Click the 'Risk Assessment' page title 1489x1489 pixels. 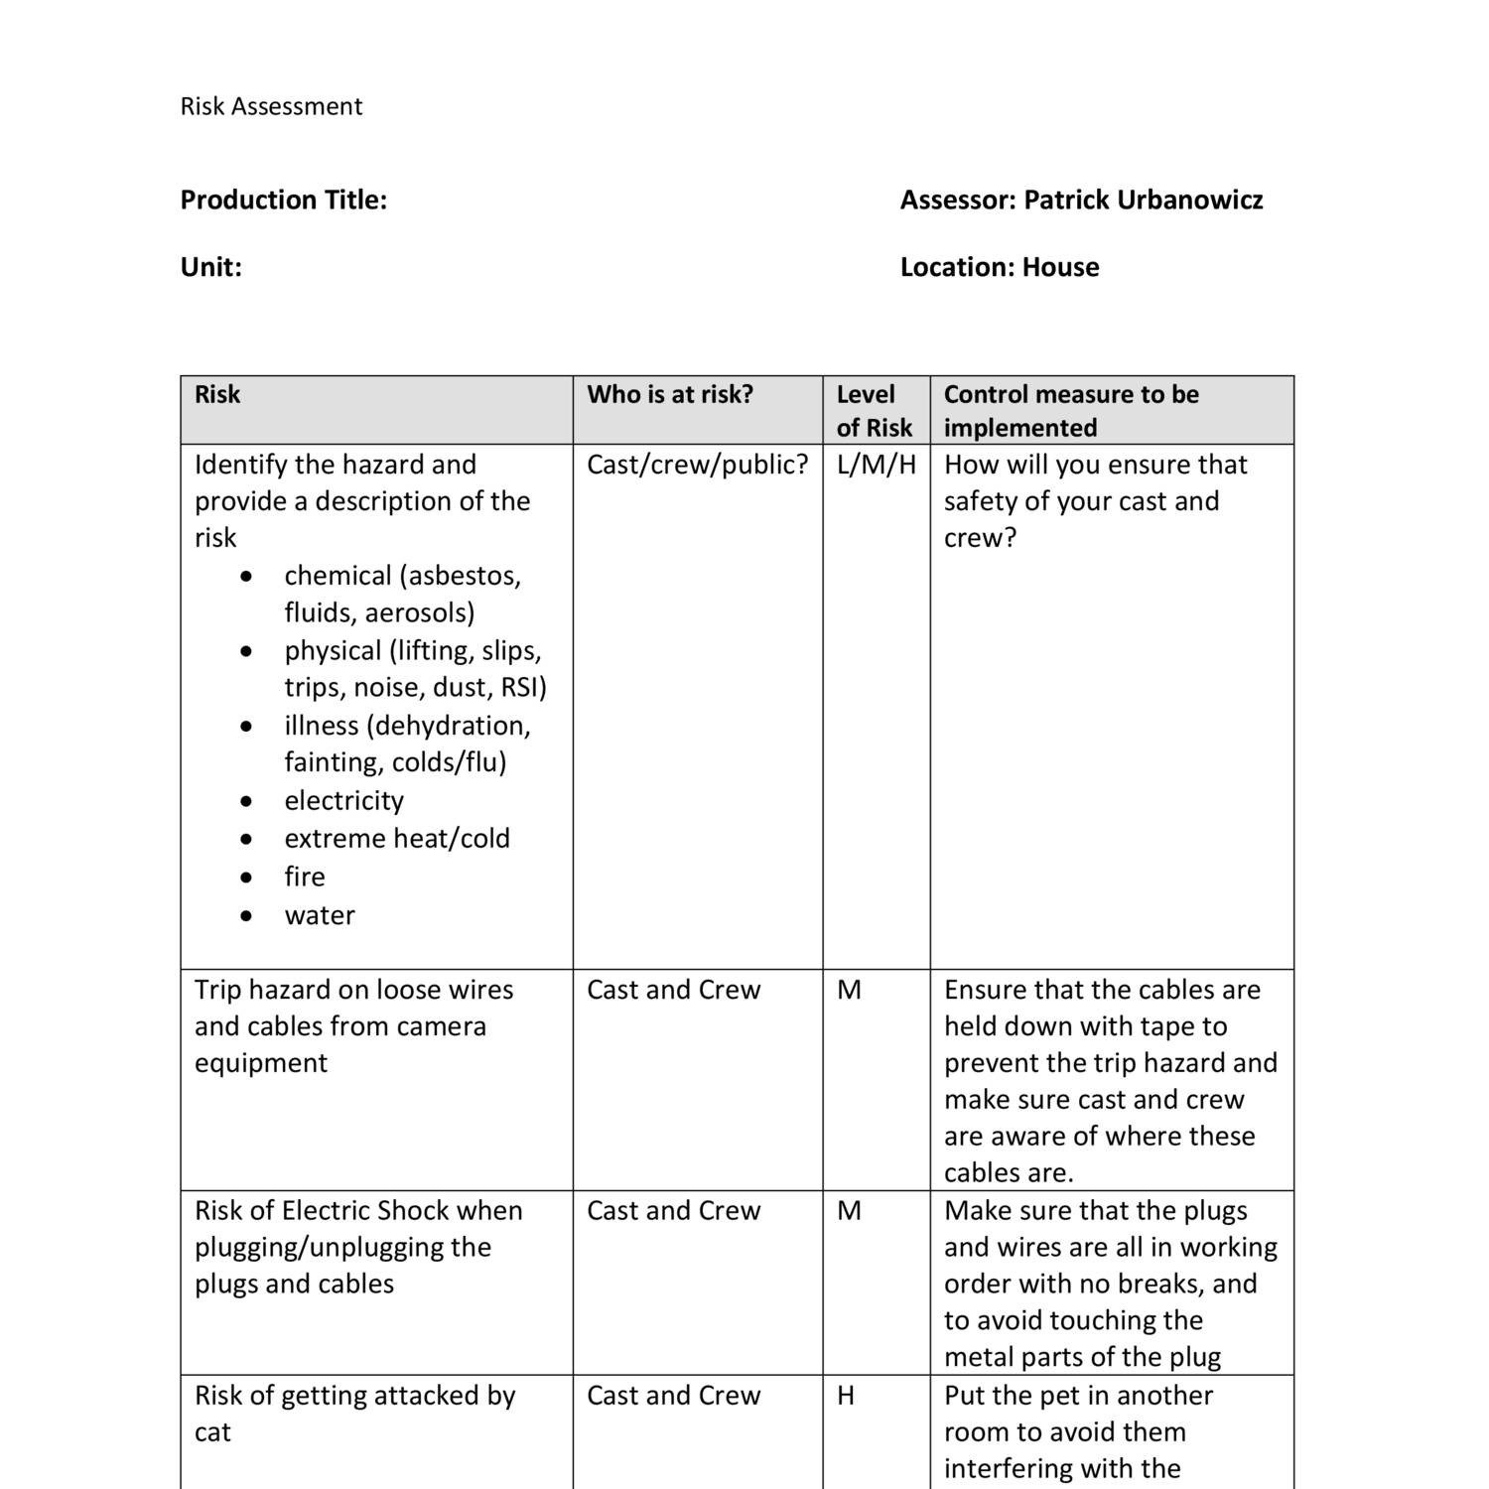click(x=271, y=106)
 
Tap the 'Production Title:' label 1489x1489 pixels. click(x=283, y=200)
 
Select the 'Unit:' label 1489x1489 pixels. click(x=210, y=267)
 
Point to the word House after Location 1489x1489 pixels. click(x=1060, y=267)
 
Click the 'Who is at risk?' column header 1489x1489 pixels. click(x=670, y=394)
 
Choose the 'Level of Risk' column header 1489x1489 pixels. click(x=874, y=411)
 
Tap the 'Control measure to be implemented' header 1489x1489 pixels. click(x=1070, y=411)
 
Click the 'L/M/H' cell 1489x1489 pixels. click(x=876, y=465)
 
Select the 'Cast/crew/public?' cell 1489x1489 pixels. click(x=697, y=465)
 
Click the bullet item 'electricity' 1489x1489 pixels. click(x=343, y=800)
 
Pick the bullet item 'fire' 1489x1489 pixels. click(x=304, y=877)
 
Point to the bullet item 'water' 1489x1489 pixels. click(x=319, y=915)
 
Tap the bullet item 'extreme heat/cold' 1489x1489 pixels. click(x=396, y=839)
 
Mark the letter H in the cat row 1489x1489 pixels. click(x=846, y=1396)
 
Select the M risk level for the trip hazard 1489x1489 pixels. click(x=849, y=990)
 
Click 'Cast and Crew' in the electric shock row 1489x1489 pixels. click(x=673, y=1211)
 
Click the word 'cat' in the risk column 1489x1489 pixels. click(x=212, y=1432)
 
